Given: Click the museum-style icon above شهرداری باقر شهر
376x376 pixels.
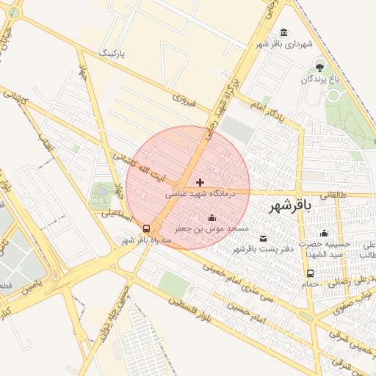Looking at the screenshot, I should [x=284, y=32].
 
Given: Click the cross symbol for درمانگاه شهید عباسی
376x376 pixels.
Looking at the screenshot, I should [x=200, y=181].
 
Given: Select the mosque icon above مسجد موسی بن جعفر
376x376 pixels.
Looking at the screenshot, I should [x=212, y=217].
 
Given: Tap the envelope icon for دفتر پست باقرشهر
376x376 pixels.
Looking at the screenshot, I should [x=263, y=239].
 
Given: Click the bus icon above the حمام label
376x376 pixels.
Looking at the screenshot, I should [x=310, y=274].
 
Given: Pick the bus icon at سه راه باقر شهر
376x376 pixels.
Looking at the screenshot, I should [x=147, y=228].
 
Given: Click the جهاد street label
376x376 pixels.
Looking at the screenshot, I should [x=82, y=77].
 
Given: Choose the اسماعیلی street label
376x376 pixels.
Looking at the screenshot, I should [x=115, y=215].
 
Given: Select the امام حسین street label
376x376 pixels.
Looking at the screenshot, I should [x=267, y=317].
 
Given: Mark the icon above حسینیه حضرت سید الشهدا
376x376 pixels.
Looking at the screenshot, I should [x=324, y=234].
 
